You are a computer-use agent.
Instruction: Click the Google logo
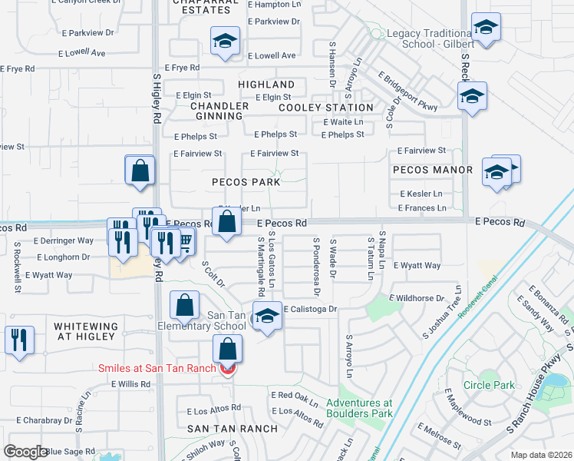pyautogui.click(x=26, y=452)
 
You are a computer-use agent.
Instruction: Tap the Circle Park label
pyautogui.click(x=488, y=385)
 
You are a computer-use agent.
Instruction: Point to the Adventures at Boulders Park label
pyautogui.click(x=359, y=408)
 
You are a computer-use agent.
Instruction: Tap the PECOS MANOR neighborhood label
pyautogui.click(x=432, y=169)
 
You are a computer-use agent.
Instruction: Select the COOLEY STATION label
pyautogui.click(x=325, y=108)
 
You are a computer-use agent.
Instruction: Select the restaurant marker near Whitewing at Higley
pyautogui.click(x=19, y=338)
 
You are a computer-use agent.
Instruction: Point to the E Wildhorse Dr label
pyautogui.click(x=417, y=297)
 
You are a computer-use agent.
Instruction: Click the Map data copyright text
pyautogui.click(x=541, y=455)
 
